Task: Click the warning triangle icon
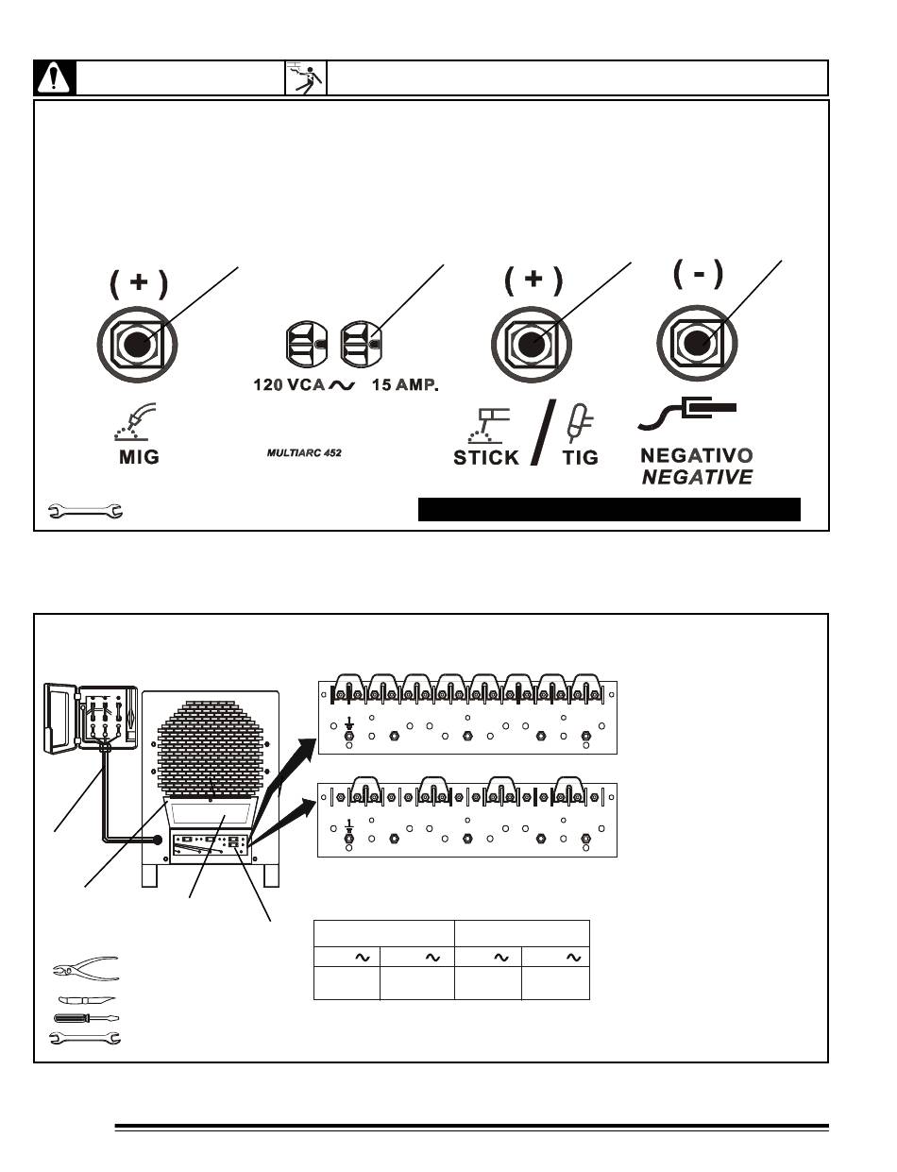55,77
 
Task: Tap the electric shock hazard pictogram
305,78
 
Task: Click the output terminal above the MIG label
137,344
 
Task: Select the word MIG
139,457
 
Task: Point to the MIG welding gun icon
135,422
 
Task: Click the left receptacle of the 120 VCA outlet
306,343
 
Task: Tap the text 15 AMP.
405,385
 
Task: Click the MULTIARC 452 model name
304,452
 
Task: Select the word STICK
486,457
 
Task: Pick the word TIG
581,457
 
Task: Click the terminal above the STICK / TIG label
532,344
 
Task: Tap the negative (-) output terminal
697,342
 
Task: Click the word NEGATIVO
697,456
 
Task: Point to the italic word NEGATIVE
697,477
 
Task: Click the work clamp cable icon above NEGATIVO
686,414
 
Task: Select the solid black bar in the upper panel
609,509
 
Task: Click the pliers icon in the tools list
86,968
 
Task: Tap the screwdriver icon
86,1018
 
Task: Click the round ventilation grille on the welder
211,749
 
